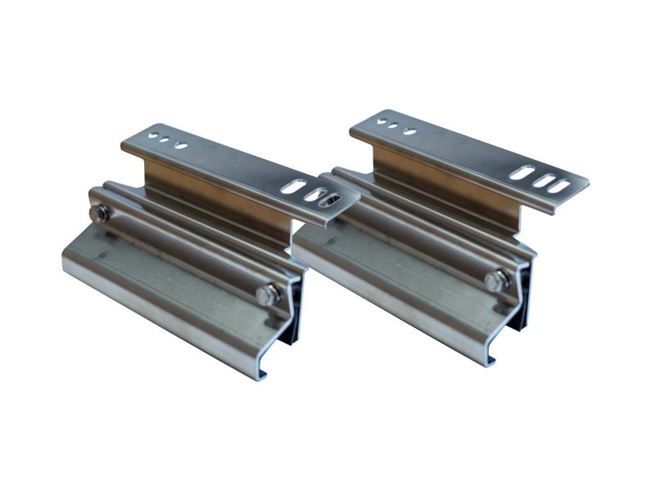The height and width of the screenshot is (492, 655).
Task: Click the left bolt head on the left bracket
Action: (99, 215)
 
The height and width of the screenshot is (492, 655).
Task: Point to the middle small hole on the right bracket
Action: (395, 126)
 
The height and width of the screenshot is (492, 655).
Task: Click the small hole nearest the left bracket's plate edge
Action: (150, 134)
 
